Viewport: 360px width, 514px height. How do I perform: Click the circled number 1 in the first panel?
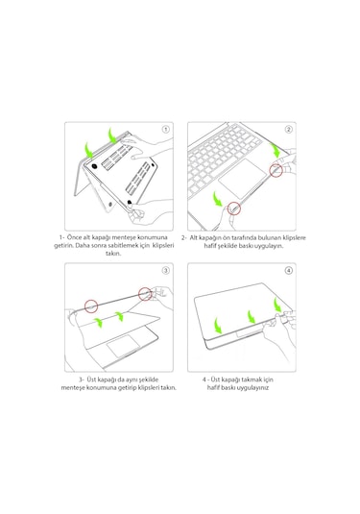(165, 129)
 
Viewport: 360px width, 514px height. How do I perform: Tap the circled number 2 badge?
(288, 129)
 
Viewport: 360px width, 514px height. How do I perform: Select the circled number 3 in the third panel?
(165, 271)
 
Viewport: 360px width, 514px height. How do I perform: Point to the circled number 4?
(288, 271)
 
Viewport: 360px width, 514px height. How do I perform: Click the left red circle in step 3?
(91, 306)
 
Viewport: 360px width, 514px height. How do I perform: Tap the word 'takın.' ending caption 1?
(113, 255)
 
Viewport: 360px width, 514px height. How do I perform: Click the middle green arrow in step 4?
(249, 315)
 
